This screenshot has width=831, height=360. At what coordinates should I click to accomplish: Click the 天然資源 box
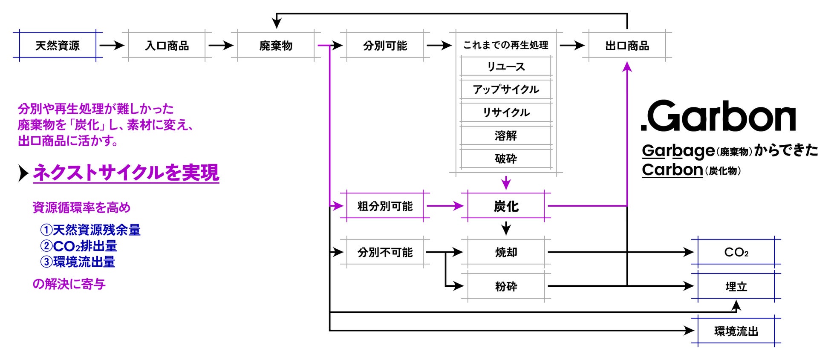(x=58, y=45)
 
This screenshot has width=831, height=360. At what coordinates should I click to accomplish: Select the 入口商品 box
(x=167, y=45)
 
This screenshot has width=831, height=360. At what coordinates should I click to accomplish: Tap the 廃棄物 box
(x=276, y=45)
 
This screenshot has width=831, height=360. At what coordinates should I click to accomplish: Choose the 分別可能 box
(x=385, y=45)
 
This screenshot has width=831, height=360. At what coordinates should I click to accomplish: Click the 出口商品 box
(x=627, y=45)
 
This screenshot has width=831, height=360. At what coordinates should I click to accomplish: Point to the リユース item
(x=506, y=66)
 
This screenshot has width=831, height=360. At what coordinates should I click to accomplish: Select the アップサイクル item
(x=506, y=89)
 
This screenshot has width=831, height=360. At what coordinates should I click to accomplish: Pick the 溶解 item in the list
(x=506, y=135)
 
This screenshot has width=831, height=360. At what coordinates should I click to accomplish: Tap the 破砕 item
(x=506, y=158)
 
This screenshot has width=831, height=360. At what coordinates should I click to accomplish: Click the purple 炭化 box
(x=506, y=206)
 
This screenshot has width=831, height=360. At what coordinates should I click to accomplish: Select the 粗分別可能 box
(x=385, y=206)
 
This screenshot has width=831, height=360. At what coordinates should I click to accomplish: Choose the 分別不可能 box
(x=385, y=252)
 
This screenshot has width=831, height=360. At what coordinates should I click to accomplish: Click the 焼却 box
(x=506, y=252)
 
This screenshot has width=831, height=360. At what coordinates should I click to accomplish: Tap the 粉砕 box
(x=506, y=286)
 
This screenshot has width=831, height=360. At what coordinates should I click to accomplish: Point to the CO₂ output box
(x=736, y=252)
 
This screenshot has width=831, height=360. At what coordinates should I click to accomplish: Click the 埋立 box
(x=736, y=286)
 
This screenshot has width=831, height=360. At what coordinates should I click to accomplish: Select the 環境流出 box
(x=736, y=331)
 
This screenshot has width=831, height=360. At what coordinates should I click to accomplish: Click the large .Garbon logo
(x=718, y=116)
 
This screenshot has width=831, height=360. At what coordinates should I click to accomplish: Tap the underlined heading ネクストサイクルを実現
(x=126, y=173)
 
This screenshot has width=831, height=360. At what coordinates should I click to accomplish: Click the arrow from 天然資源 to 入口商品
(x=112, y=45)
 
